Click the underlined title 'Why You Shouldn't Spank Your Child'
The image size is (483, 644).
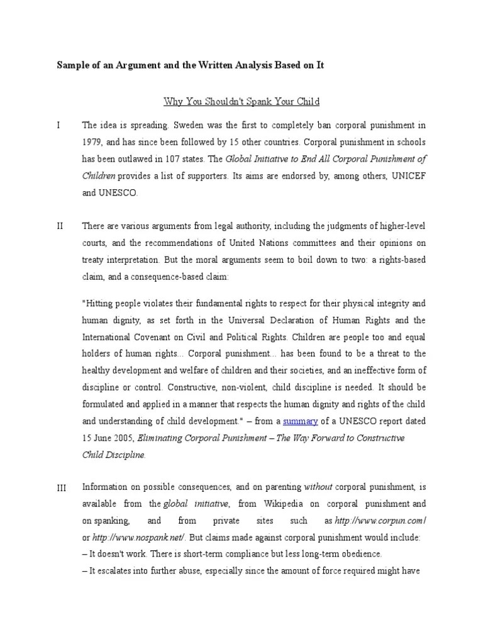coord(241,101)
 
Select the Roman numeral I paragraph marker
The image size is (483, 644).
coord(58,125)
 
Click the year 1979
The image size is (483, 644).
coord(93,143)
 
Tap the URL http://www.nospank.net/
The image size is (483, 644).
coord(131,538)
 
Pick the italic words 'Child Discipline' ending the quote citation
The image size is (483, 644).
coord(114,454)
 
